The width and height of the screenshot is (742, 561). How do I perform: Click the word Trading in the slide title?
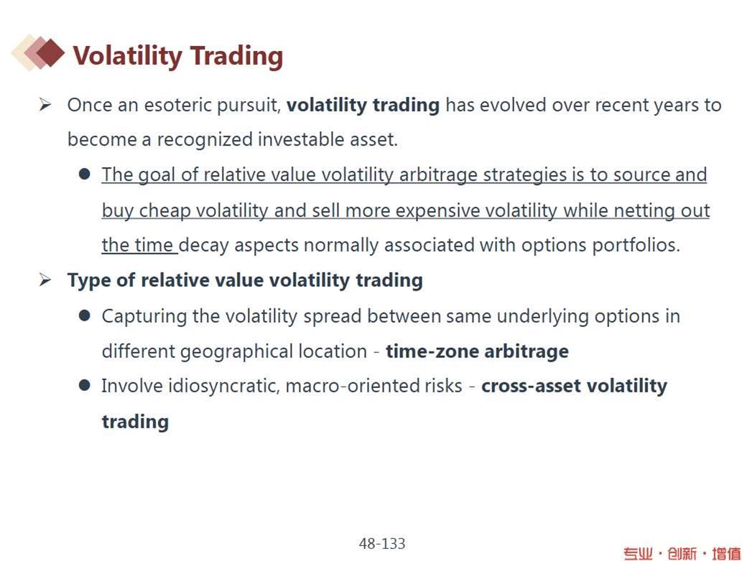coord(236,56)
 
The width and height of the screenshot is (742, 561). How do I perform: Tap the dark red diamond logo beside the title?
coord(50,52)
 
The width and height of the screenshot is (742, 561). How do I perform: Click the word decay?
coord(204,246)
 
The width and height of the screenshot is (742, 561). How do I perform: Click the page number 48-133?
coord(382,544)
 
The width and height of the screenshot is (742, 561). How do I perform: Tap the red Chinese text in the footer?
coord(682,553)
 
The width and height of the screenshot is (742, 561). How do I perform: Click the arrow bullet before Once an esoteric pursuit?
coord(45,105)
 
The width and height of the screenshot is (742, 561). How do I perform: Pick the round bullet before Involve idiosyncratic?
coord(85,386)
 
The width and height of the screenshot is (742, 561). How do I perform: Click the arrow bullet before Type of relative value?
coord(45,280)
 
